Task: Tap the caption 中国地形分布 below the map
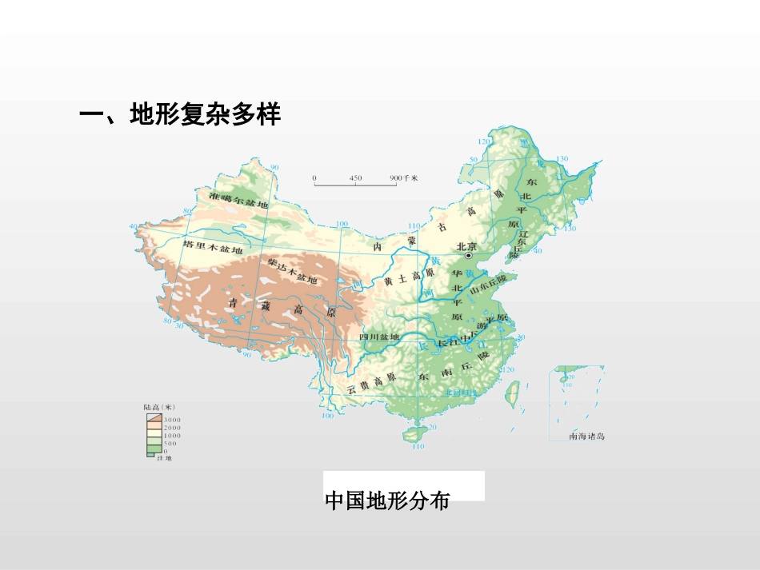click(x=387, y=501)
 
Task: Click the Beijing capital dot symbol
click(x=469, y=256)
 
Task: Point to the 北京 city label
click(x=466, y=246)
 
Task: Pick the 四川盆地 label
click(x=379, y=337)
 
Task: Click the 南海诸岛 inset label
click(x=587, y=436)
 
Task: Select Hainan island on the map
click(x=412, y=433)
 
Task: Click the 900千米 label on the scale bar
click(x=404, y=177)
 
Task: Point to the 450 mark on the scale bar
click(x=355, y=177)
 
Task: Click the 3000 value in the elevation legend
click(x=172, y=420)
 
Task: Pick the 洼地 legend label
click(x=164, y=458)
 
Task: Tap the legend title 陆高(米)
click(x=160, y=407)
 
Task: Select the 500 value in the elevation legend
click(x=170, y=443)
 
